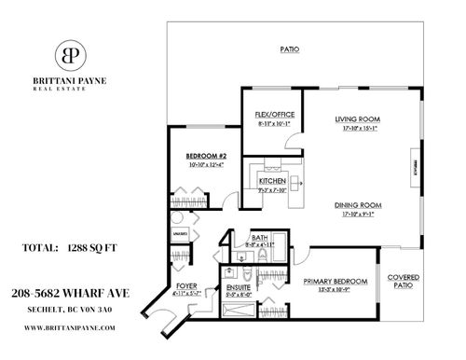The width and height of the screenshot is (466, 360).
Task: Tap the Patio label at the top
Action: click(291, 48)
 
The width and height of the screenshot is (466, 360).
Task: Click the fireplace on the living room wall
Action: click(414, 168)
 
